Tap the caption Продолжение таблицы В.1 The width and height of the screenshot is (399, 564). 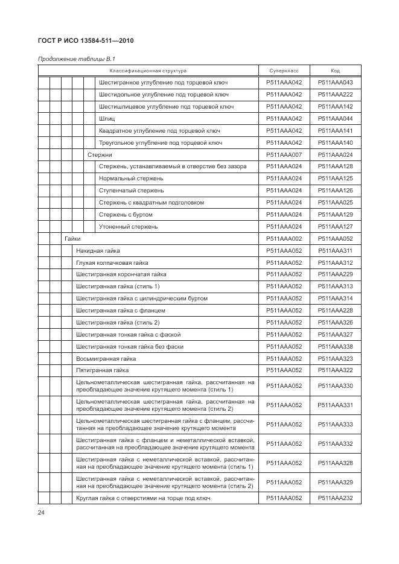77,59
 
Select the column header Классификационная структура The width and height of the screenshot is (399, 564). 148,71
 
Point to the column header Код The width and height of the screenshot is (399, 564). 335,71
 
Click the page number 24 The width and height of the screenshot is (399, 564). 41,512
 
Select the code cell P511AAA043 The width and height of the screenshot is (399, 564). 335,83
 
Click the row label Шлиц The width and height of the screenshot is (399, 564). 107,119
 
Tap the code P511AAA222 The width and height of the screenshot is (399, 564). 335,95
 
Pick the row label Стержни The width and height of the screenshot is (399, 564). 100,154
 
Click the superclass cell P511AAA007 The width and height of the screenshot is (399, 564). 284,154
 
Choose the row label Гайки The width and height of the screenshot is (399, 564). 72,238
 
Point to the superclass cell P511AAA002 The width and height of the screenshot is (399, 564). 284,238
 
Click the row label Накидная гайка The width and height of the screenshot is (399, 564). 98,250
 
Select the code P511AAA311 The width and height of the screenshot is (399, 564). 335,250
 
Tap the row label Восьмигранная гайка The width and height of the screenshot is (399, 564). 101,358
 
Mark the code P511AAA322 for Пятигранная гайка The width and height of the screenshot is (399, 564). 335,370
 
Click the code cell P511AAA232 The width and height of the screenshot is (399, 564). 335,498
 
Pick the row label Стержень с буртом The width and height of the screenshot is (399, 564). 126,214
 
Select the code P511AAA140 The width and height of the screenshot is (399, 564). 335,142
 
